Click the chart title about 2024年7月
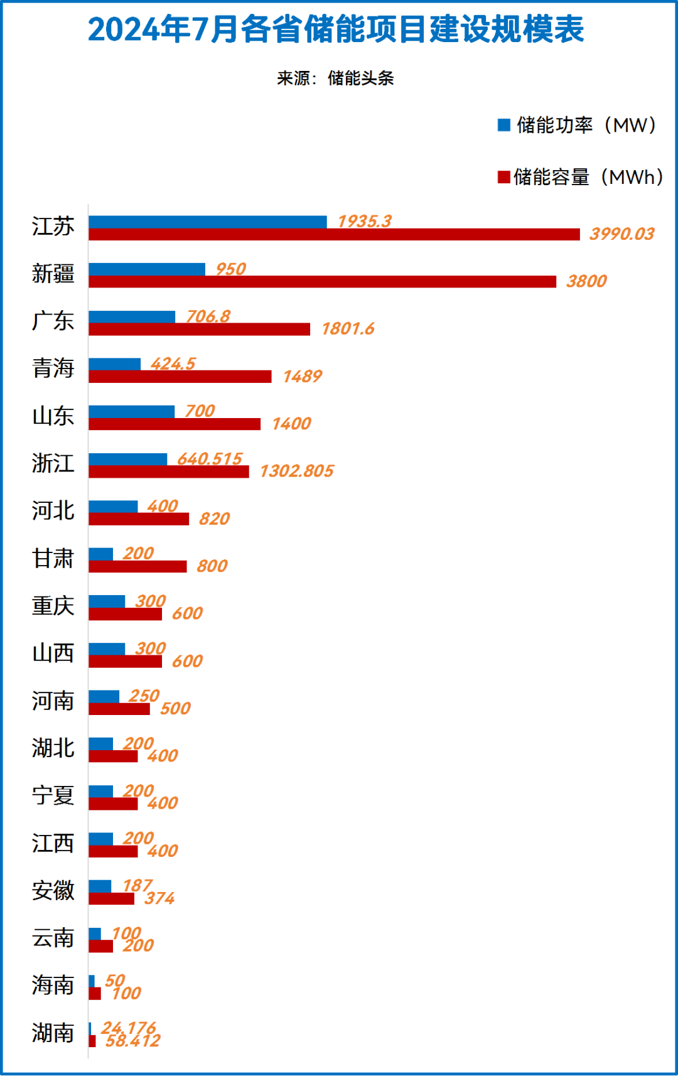pos(336,30)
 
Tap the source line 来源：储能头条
pos(336,78)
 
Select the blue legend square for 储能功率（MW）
pos(503,125)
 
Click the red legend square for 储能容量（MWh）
pos(503,177)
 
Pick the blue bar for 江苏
pos(207,222)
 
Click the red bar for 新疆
pos(322,282)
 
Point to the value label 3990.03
pos(621,234)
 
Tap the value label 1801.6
pos(348,329)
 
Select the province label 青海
pos(53,369)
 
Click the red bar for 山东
pos(175,424)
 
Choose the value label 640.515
pos(209,459)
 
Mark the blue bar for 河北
pos(113,507)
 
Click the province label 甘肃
pos(53,559)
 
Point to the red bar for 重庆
pos(125,614)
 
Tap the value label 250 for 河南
pos(144,696)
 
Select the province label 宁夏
pos(53,796)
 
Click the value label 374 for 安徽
pos(159,898)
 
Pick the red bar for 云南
pos(100,946)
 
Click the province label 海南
pos(53,986)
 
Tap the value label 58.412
pos(132,1041)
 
